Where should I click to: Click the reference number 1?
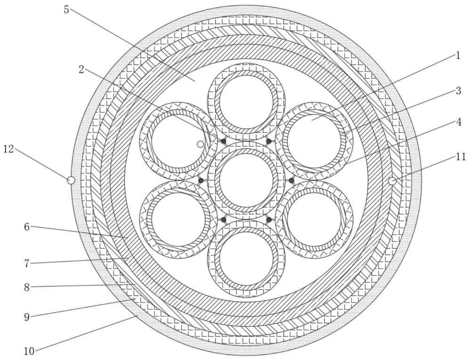(x=457, y=56)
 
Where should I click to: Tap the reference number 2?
(x=81, y=69)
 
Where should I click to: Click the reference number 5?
(x=66, y=9)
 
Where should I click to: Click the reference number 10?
(x=29, y=351)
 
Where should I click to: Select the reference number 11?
(x=460, y=157)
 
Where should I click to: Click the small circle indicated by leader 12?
(x=71, y=180)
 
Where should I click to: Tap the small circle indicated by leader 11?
(x=391, y=180)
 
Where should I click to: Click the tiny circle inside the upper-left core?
(x=200, y=144)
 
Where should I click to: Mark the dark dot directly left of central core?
(x=201, y=180)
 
